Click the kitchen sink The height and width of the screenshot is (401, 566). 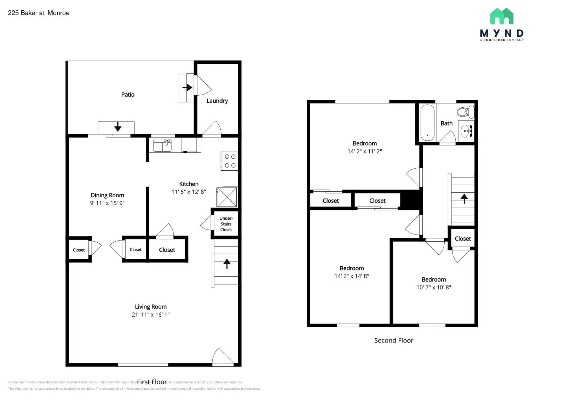(162, 145)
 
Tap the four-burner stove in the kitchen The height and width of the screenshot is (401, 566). (230, 161)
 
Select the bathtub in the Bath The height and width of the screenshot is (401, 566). (427, 123)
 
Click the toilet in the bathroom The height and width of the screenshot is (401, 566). (464, 112)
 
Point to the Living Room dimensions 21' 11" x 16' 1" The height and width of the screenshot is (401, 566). (151, 315)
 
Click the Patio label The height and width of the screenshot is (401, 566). (128, 95)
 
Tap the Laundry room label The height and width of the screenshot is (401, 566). (217, 101)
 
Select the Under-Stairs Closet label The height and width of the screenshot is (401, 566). (226, 224)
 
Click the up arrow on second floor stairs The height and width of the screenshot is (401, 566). (464, 198)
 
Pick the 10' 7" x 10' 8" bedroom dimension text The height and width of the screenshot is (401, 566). (433, 287)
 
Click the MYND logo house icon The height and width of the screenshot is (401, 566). (502, 16)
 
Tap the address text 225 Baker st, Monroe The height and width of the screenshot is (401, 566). (39, 13)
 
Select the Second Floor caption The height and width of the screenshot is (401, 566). (393, 340)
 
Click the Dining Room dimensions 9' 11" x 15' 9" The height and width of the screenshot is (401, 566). (107, 203)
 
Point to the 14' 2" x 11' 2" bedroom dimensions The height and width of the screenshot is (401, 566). (364, 151)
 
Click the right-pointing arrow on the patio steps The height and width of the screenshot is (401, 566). (187, 87)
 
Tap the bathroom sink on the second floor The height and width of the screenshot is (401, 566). (466, 131)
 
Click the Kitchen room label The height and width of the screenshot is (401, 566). (189, 184)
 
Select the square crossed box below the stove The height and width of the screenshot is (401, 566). (227, 197)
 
